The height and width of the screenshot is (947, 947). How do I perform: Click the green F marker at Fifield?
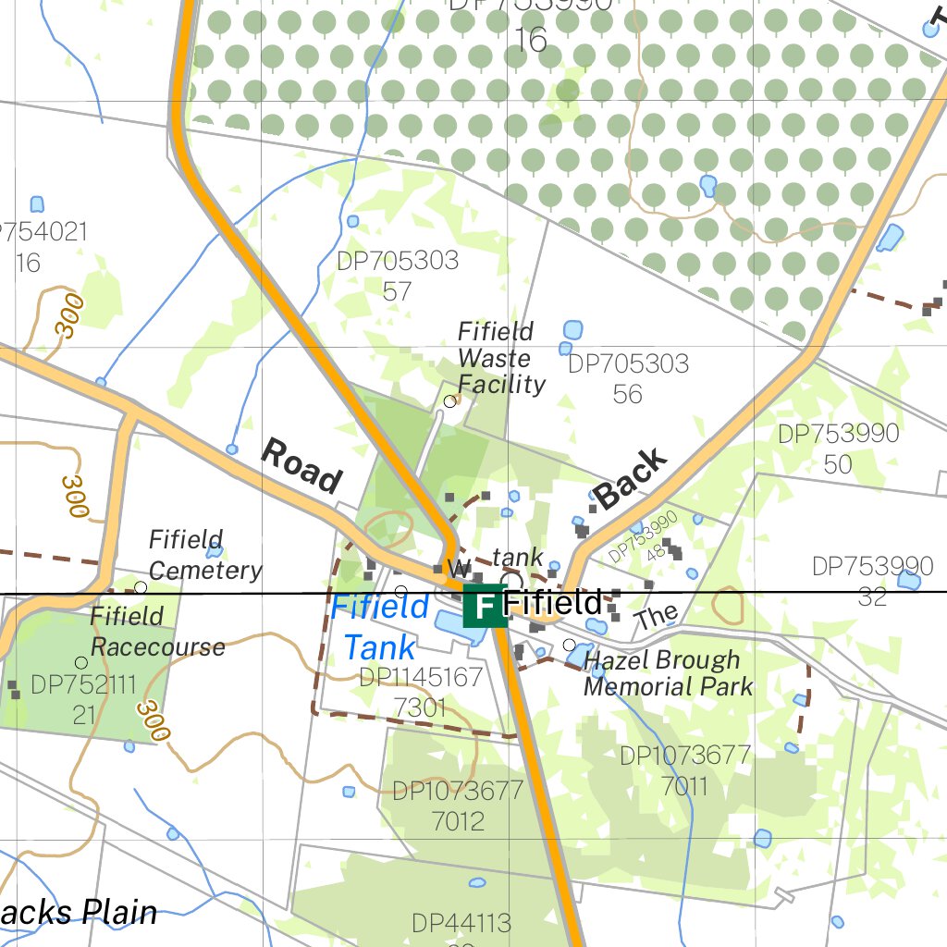(x=485, y=606)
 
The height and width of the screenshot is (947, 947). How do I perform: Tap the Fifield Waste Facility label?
(x=501, y=358)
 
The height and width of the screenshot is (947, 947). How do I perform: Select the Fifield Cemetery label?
(x=204, y=555)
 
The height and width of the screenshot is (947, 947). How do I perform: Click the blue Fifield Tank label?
(x=379, y=627)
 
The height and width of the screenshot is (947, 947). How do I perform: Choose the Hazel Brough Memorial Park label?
(x=668, y=673)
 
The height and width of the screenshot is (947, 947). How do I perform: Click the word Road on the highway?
(x=301, y=465)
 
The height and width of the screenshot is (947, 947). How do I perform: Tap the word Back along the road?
(x=630, y=478)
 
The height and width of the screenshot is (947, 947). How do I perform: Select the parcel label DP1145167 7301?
(x=421, y=693)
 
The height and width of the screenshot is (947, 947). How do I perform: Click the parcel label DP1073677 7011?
(x=684, y=770)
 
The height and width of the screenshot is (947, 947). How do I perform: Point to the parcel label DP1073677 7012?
(x=458, y=806)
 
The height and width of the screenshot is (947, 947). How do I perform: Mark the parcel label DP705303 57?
(x=397, y=276)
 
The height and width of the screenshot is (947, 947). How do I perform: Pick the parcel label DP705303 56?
(x=628, y=378)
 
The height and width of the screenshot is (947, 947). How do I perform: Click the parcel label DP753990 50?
(x=838, y=449)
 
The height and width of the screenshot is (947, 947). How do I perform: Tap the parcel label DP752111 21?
(x=83, y=699)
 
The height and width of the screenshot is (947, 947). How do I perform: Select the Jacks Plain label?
(x=78, y=913)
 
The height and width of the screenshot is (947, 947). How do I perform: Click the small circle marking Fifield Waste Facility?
(x=450, y=401)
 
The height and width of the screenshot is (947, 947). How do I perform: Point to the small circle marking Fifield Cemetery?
(x=141, y=587)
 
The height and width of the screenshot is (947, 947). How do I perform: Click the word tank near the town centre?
(x=517, y=558)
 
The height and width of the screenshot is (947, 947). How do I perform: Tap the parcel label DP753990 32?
(x=872, y=580)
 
